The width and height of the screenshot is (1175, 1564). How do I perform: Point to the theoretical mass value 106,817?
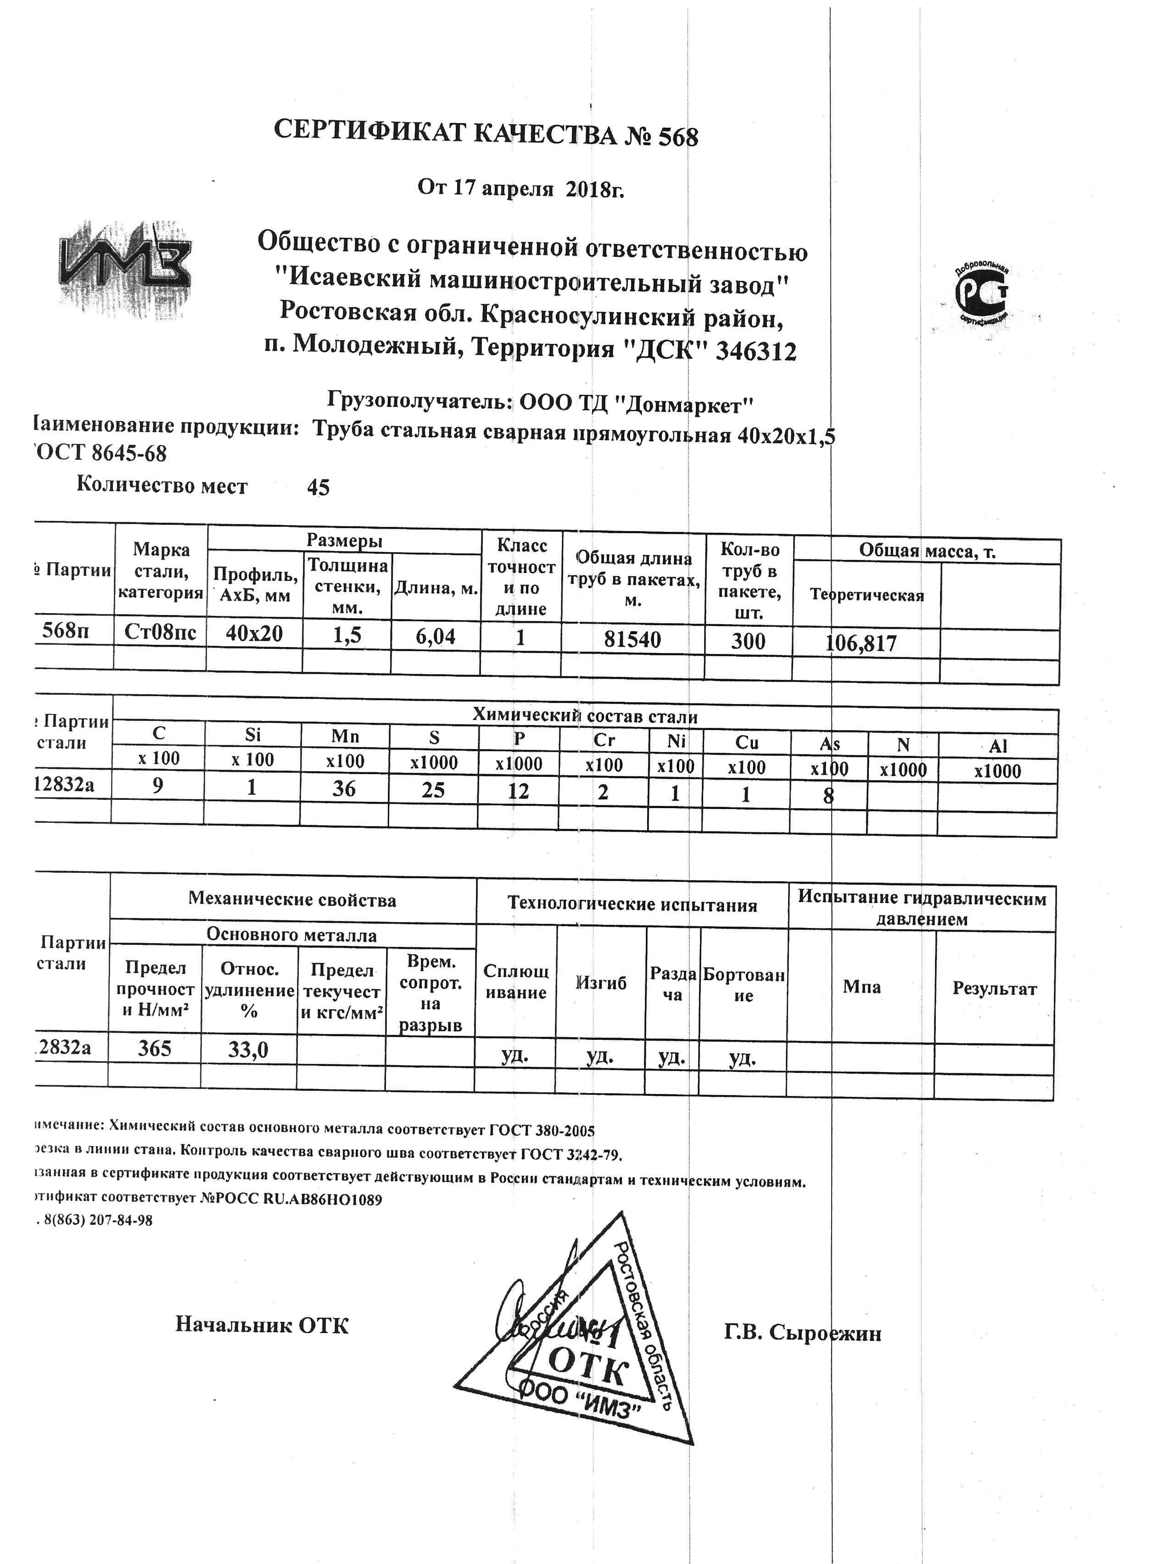coord(861,642)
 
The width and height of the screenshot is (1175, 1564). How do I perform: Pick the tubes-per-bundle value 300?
coord(748,641)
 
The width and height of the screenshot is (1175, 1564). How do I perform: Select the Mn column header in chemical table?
coord(345,736)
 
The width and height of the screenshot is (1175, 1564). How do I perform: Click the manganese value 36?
coord(344,788)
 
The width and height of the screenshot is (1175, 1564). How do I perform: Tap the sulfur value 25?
coord(433,790)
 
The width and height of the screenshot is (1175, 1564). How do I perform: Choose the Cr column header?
coord(604,740)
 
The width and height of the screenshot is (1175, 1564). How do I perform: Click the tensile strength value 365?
coord(155,1048)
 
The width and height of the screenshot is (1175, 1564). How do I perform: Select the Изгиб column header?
coord(601,983)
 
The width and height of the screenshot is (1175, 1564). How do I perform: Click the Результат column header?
coord(994,989)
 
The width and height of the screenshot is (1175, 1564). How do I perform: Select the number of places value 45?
coord(318,487)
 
